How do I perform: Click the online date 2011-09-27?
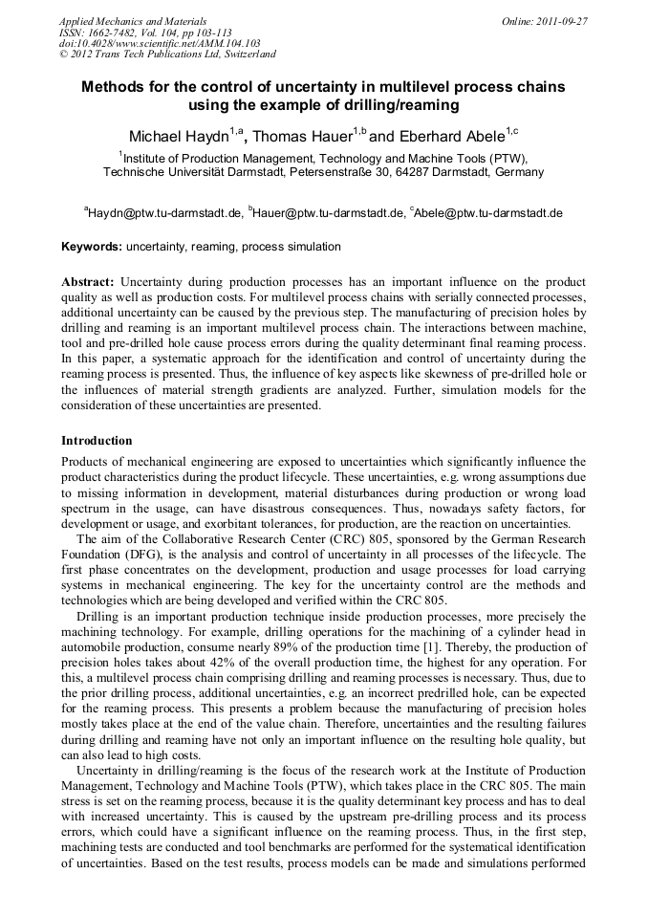pyautogui.click(x=558, y=21)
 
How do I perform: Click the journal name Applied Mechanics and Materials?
pyautogui.click(x=132, y=21)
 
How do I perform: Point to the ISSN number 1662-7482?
pyautogui.click(x=113, y=33)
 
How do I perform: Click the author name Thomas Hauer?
pyautogui.click(x=302, y=136)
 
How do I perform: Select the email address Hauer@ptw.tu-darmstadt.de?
pyautogui.click(x=328, y=212)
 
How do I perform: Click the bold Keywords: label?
pyautogui.click(x=92, y=247)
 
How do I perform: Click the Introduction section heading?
pyautogui.click(x=97, y=441)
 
